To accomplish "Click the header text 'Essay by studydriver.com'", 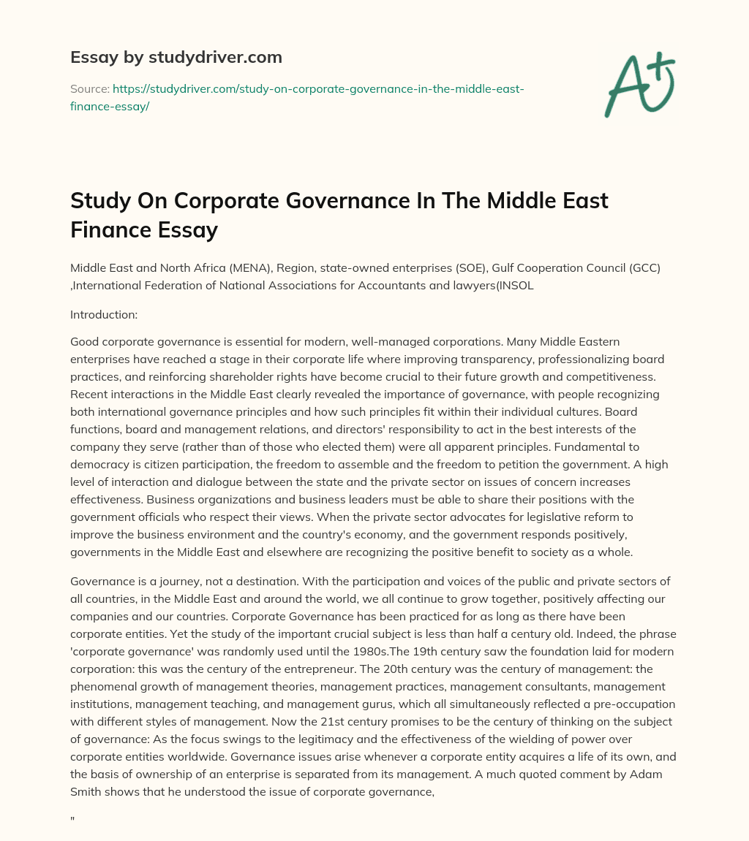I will (x=176, y=57).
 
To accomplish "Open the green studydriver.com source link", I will (x=297, y=96).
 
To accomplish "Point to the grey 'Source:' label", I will (x=89, y=88).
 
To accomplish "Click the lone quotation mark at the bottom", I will (x=72, y=821).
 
